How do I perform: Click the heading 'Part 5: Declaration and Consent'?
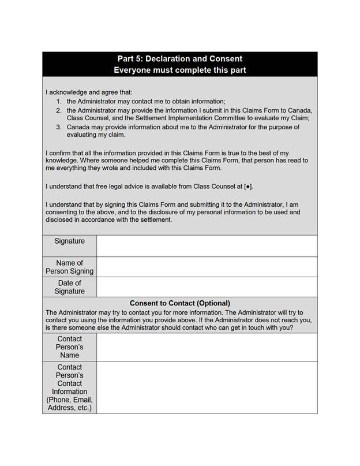click(x=179, y=58)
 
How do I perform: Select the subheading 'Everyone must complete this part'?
click(x=179, y=70)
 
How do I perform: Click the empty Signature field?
click(x=207, y=245)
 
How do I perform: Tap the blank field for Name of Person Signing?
click(x=207, y=267)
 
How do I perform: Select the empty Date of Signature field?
click(x=207, y=287)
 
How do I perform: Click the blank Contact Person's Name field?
click(x=207, y=347)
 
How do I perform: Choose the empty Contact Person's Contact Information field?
click(x=207, y=387)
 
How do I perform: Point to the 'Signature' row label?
click(x=69, y=241)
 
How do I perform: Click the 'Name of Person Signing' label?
click(x=69, y=267)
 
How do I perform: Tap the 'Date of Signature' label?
click(x=69, y=287)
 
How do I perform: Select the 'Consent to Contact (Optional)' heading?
click(x=179, y=303)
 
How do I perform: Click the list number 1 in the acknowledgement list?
click(x=59, y=101)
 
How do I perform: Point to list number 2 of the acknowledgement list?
click(x=59, y=110)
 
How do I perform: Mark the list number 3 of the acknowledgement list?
click(x=59, y=126)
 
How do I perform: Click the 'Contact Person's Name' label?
click(x=69, y=347)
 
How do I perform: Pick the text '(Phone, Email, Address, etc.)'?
click(x=69, y=404)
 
